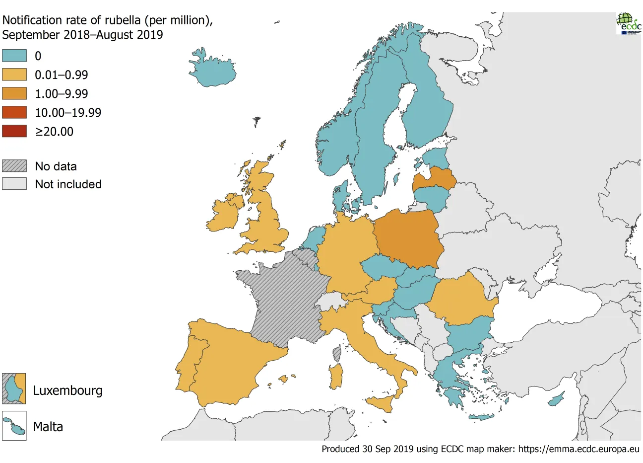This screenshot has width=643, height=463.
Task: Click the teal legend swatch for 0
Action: click(x=14, y=56)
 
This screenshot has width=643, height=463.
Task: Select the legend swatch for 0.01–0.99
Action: click(x=14, y=75)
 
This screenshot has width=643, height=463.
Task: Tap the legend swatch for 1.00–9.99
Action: click(x=14, y=93)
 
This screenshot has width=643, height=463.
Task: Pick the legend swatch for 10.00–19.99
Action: click(x=14, y=112)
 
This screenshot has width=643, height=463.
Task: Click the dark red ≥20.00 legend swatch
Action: click(x=14, y=131)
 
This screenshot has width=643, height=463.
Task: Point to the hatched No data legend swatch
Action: click(x=14, y=166)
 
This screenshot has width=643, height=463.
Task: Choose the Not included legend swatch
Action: click(x=14, y=184)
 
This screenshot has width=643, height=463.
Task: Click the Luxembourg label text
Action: click(x=67, y=390)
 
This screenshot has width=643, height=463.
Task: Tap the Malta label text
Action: click(x=48, y=427)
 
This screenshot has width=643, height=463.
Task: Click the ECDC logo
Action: click(x=629, y=23)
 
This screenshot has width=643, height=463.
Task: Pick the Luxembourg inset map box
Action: click(x=14, y=388)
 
